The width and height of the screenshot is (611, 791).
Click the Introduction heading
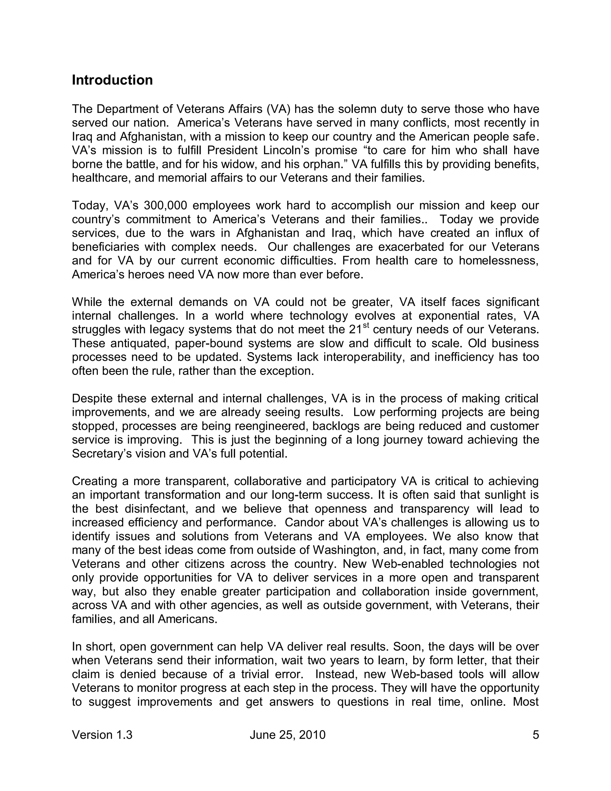112,80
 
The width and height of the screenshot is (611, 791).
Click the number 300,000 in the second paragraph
165,205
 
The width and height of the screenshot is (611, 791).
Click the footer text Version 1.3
102,735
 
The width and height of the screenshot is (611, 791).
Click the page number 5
536,735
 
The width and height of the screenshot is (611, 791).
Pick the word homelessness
499,260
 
